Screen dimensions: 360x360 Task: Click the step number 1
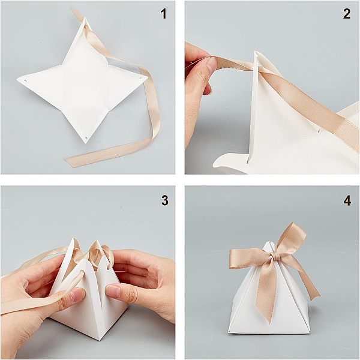[163, 14]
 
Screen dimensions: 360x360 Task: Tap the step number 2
[347, 14]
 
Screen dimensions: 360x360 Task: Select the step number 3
[165, 200]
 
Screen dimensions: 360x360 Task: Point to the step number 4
[347, 201]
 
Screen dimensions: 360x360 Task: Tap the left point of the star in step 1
[17, 79]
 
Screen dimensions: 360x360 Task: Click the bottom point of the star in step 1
[86, 143]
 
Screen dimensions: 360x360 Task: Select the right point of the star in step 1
[148, 77]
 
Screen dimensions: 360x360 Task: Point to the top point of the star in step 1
[85, 17]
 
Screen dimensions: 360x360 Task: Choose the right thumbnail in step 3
[113, 290]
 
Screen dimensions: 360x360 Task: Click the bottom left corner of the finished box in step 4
[228, 332]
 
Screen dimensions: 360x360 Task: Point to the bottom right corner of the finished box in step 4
[310, 332]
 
